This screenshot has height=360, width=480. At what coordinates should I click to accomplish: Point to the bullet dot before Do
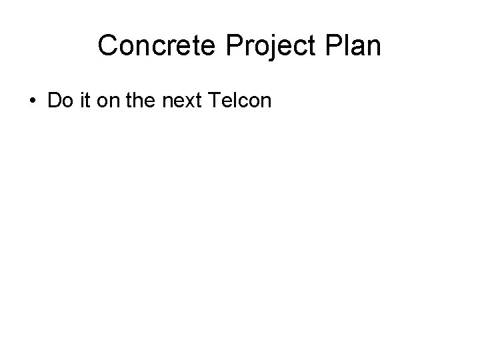33,101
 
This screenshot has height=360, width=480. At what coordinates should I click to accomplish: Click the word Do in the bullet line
58,101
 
